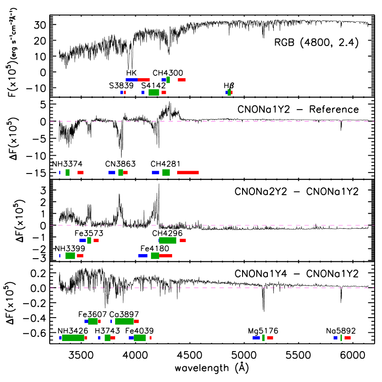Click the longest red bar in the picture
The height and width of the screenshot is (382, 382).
[187, 173]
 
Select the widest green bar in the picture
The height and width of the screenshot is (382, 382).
[73, 338]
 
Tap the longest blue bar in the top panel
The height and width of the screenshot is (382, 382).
[132, 80]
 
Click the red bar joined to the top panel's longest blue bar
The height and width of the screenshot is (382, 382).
[144, 80]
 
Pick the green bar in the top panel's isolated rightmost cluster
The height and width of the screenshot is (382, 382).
[229, 93]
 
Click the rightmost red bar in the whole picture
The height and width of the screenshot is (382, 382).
[347, 338]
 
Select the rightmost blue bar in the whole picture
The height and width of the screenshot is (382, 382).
[335, 338]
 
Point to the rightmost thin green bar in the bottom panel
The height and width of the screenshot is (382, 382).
[341, 338]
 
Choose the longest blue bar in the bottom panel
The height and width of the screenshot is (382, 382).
[256, 338]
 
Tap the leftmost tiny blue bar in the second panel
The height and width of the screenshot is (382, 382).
[59, 173]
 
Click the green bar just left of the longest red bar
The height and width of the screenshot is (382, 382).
[166, 173]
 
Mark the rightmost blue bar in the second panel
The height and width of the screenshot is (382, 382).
[156, 173]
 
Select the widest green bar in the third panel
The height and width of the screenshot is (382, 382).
[168, 240]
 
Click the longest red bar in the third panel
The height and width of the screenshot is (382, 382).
[166, 256]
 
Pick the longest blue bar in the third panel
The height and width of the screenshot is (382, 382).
[143, 256]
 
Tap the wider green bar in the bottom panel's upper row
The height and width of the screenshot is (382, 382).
[124, 321]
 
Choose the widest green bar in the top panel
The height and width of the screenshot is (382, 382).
[154, 93]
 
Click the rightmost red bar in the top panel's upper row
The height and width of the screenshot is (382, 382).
[182, 80]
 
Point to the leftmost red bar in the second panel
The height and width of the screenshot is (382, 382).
[81, 173]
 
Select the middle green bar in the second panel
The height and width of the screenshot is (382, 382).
[121, 173]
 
